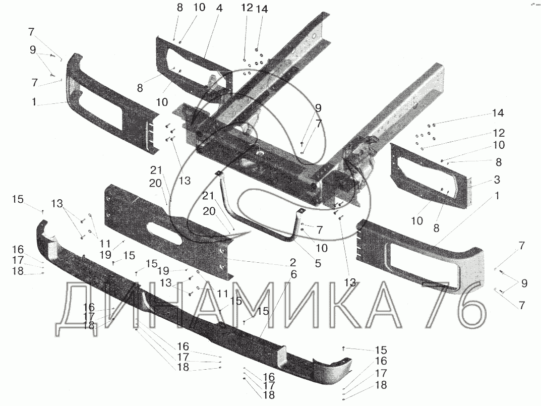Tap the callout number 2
(292, 262)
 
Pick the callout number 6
(294, 274)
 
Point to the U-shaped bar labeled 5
(262, 222)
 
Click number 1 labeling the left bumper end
(33, 102)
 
